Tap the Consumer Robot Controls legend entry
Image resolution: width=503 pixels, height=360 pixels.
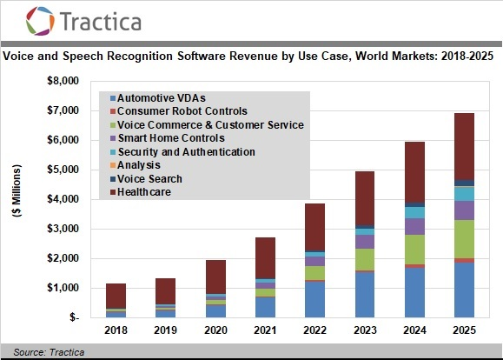[x=182, y=111]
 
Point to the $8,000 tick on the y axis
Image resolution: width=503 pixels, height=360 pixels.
[x=62, y=81]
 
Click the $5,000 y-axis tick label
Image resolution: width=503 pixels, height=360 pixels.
[x=62, y=170]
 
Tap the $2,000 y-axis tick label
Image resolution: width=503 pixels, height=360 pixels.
[x=62, y=258]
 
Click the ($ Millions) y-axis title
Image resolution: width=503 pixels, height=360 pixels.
[x=18, y=200]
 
